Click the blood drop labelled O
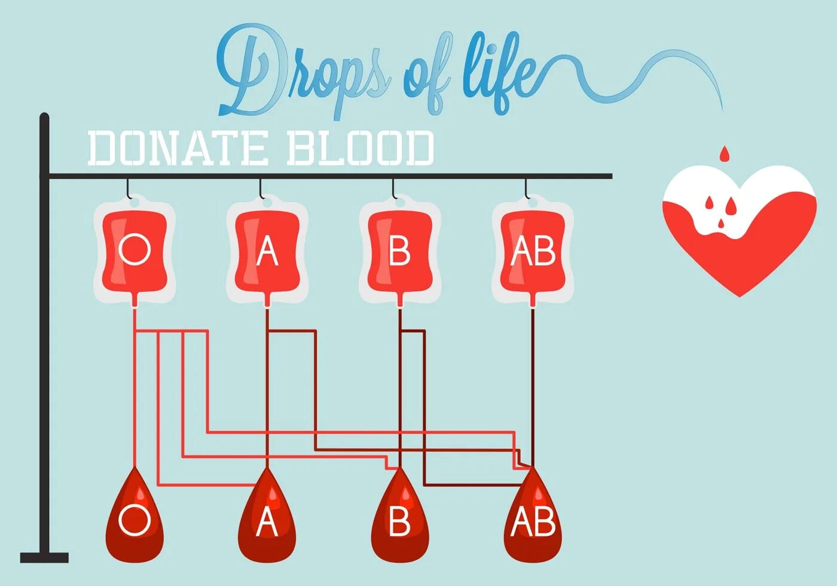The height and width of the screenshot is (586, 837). [135, 520]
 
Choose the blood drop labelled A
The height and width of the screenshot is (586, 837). [267, 520]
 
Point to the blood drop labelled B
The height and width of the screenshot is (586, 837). [399, 520]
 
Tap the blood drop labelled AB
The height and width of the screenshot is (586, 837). [533, 520]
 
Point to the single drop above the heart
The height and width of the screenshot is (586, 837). [725, 154]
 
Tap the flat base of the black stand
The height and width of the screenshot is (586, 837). [44, 557]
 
